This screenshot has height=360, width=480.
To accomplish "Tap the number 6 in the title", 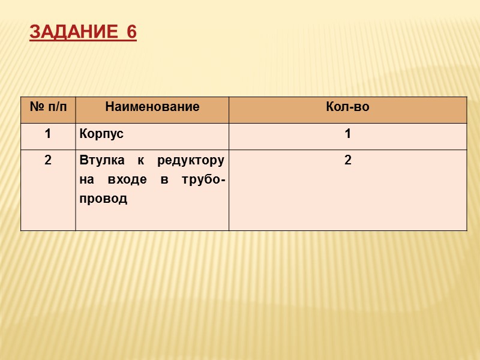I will pos(131,32).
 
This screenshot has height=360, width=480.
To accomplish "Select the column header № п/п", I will pos(48,108).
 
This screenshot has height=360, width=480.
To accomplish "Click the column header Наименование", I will pos(152,108).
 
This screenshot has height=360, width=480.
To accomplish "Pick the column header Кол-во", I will pos(347,108).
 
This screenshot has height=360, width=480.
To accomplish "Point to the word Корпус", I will pos(101,134).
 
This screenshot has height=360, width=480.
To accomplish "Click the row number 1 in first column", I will pos(47,134).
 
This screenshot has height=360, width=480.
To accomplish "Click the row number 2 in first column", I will pos(47,161).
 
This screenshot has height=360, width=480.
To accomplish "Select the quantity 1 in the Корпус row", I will pos(347,134).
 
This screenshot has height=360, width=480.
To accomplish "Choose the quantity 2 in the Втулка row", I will pos(347,161).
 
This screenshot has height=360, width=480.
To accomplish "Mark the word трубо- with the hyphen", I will pos(202,180).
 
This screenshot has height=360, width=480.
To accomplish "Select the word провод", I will pos(103,199).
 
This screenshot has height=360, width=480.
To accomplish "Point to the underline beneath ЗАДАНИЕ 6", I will pos(83,41).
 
